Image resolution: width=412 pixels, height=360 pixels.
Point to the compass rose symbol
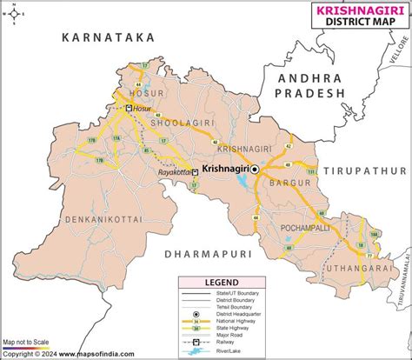point(15,16)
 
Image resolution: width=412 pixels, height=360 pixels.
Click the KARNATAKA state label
point(108,37)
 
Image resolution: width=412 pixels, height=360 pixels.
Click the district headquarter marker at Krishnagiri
point(255,171)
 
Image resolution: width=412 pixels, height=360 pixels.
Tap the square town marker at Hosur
point(130,108)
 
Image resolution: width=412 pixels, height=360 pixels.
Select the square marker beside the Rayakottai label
point(195,172)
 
